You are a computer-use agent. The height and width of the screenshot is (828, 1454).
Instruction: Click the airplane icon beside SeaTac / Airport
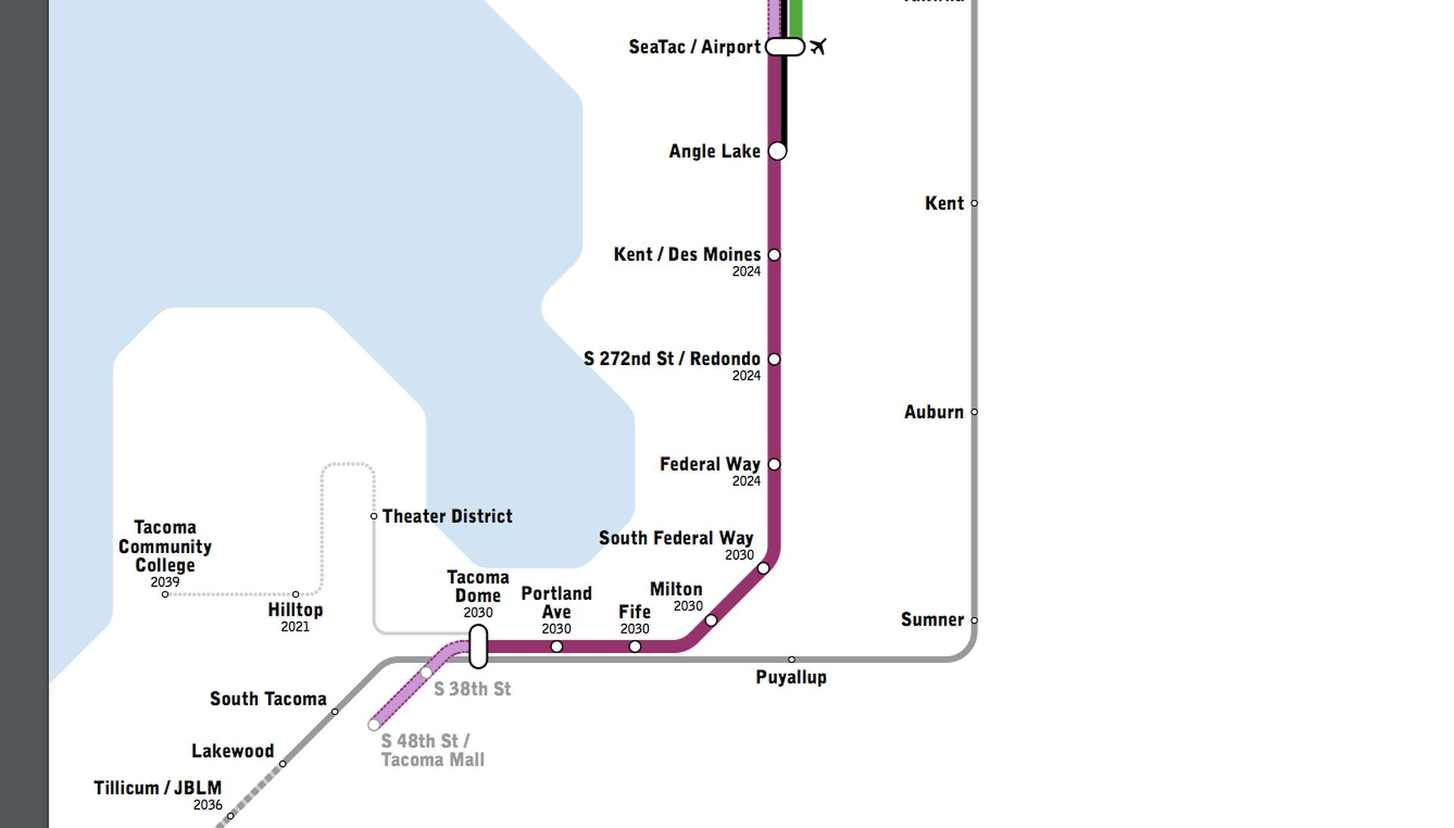tap(817, 47)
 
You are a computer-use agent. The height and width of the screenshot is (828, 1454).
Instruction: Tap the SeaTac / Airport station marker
tap(785, 47)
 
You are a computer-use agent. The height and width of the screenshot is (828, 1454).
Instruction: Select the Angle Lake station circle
tap(777, 151)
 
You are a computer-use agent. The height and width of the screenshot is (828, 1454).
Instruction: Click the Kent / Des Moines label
tap(686, 255)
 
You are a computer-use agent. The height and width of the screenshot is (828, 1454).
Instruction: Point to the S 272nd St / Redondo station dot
tap(774, 359)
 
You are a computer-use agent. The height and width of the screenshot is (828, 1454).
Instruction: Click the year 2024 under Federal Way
tap(746, 481)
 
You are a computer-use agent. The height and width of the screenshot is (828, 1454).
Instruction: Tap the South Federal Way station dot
tap(763, 568)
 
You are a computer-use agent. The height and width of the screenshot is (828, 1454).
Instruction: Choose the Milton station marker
tap(710, 620)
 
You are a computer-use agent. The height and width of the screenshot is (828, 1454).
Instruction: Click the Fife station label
tap(634, 611)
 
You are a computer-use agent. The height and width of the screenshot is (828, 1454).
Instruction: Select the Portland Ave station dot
tap(557, 646)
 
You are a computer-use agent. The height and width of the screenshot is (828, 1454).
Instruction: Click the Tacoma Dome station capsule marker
tap(478, 646)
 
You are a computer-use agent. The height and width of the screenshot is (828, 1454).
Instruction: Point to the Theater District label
tap(447, 517)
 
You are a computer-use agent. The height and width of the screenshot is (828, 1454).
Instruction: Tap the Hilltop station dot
tap(295, 594)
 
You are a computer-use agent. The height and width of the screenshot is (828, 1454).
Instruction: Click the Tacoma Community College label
tap(165, 546)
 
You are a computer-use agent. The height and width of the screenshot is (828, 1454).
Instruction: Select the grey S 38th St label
tap(472, 689)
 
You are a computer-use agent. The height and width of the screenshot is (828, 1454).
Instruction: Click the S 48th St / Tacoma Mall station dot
tap(373, 725)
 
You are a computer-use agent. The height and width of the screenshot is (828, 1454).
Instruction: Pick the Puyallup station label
tap(791, 677)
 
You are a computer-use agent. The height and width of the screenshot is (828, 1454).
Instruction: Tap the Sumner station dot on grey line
tap(974, 620)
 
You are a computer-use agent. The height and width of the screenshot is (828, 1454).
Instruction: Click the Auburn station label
tap(933, 412)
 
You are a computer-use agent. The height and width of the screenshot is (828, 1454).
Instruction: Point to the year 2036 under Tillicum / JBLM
tap(207, 805)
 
